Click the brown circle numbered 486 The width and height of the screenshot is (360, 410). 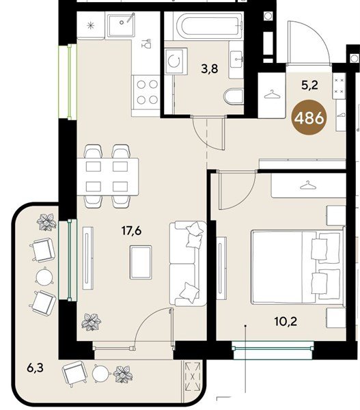click(x=309, y=118)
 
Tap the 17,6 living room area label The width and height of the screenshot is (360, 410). click(x=132, y=231)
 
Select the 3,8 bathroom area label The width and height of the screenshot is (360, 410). click(x=210, y=69)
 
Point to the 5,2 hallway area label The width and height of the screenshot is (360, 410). click(x=310, y=85)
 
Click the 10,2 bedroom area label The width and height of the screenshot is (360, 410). click(x=286, y=321)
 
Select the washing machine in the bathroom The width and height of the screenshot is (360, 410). click(x=176, y=61)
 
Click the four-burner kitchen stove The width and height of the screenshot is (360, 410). click(x=147, y=92)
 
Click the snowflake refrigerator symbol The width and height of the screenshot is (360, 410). click(x=90, y=26)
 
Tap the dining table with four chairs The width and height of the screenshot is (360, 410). click(x=107, y=176)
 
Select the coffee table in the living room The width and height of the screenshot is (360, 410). click(x=141, y=262)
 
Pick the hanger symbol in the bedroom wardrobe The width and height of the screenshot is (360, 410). click(x=308, y=185)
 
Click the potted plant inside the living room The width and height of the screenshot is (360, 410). click(x=91, y=322)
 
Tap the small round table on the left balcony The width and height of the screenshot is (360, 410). click(x=44, y=277)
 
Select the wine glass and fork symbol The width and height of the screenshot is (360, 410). click(x=147, y=44)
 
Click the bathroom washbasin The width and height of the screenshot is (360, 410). click(x=236, y=59)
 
